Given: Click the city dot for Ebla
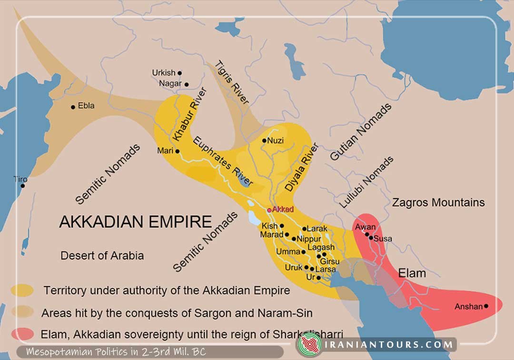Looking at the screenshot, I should [73, 107].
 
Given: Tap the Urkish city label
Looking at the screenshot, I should [164, 73].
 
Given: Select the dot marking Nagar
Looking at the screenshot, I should [187, 84].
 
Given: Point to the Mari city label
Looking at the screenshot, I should [165, 151].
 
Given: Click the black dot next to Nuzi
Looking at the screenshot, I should [265, 140].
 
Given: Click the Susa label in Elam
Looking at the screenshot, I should [383, 238].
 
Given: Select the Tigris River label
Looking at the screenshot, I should [233, 82].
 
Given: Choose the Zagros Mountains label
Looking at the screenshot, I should [438, 202].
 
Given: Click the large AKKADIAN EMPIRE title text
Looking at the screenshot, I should [135, 222].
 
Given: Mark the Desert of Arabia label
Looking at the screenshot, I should [102, 255].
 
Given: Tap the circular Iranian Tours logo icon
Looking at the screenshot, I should [309, 344].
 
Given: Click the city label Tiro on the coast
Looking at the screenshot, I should [20, 180].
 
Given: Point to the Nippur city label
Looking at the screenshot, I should [309, 239].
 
